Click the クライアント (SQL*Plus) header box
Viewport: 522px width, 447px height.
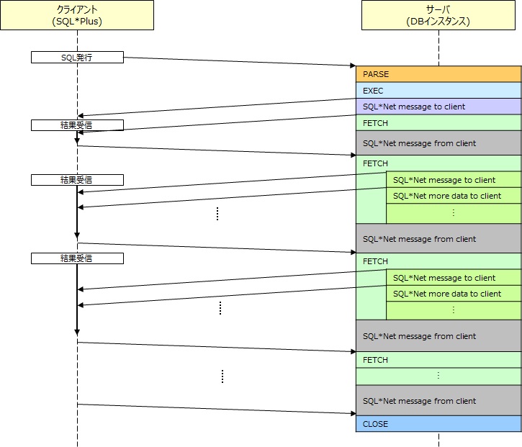pos(77,15)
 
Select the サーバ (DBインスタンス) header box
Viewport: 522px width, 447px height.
pos(438,15)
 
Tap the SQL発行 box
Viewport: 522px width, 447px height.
pos(77,58)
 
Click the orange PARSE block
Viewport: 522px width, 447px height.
pos(438,74)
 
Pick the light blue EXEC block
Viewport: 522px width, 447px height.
pos(438,91)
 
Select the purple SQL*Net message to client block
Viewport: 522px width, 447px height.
pos(438,107)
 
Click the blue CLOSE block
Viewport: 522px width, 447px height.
pos(438,424)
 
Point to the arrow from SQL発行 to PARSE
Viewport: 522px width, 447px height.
pos(240,62)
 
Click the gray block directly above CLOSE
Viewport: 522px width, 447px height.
pos(438,401)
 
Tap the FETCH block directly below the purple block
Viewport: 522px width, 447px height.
pos(438,123)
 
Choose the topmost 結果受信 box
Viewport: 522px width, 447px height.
pos(77,125)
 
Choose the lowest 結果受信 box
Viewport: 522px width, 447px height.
pos(77,258)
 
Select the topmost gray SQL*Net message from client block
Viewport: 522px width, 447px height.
pos(438,143)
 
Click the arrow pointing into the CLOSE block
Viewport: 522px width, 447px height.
pos(217,409)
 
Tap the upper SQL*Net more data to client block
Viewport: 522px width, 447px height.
pos(454,196)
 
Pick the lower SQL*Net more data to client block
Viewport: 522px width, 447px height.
pos(454,294)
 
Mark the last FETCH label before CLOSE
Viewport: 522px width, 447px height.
pos(375,360)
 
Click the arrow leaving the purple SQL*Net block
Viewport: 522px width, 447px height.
pos(217,107)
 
